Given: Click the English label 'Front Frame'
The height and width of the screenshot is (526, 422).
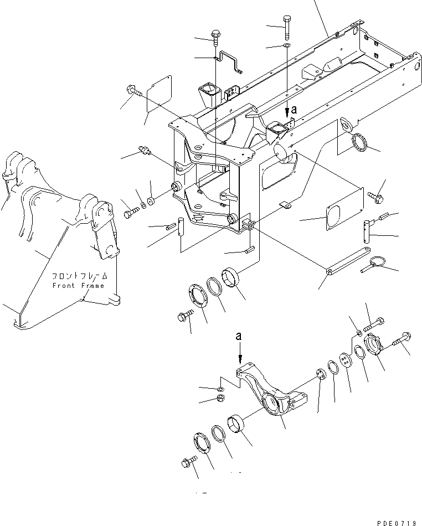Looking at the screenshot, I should [x=78, y=286].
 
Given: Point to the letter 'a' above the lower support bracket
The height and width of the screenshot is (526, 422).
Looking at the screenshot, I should [x=239, y=336].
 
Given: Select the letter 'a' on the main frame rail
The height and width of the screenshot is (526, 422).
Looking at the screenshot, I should [x=294, y=110].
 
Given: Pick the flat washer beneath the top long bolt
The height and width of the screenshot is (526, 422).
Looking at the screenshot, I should [x=286, y=45].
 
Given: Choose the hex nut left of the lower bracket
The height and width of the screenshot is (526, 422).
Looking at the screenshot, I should [x=220, y=399].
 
